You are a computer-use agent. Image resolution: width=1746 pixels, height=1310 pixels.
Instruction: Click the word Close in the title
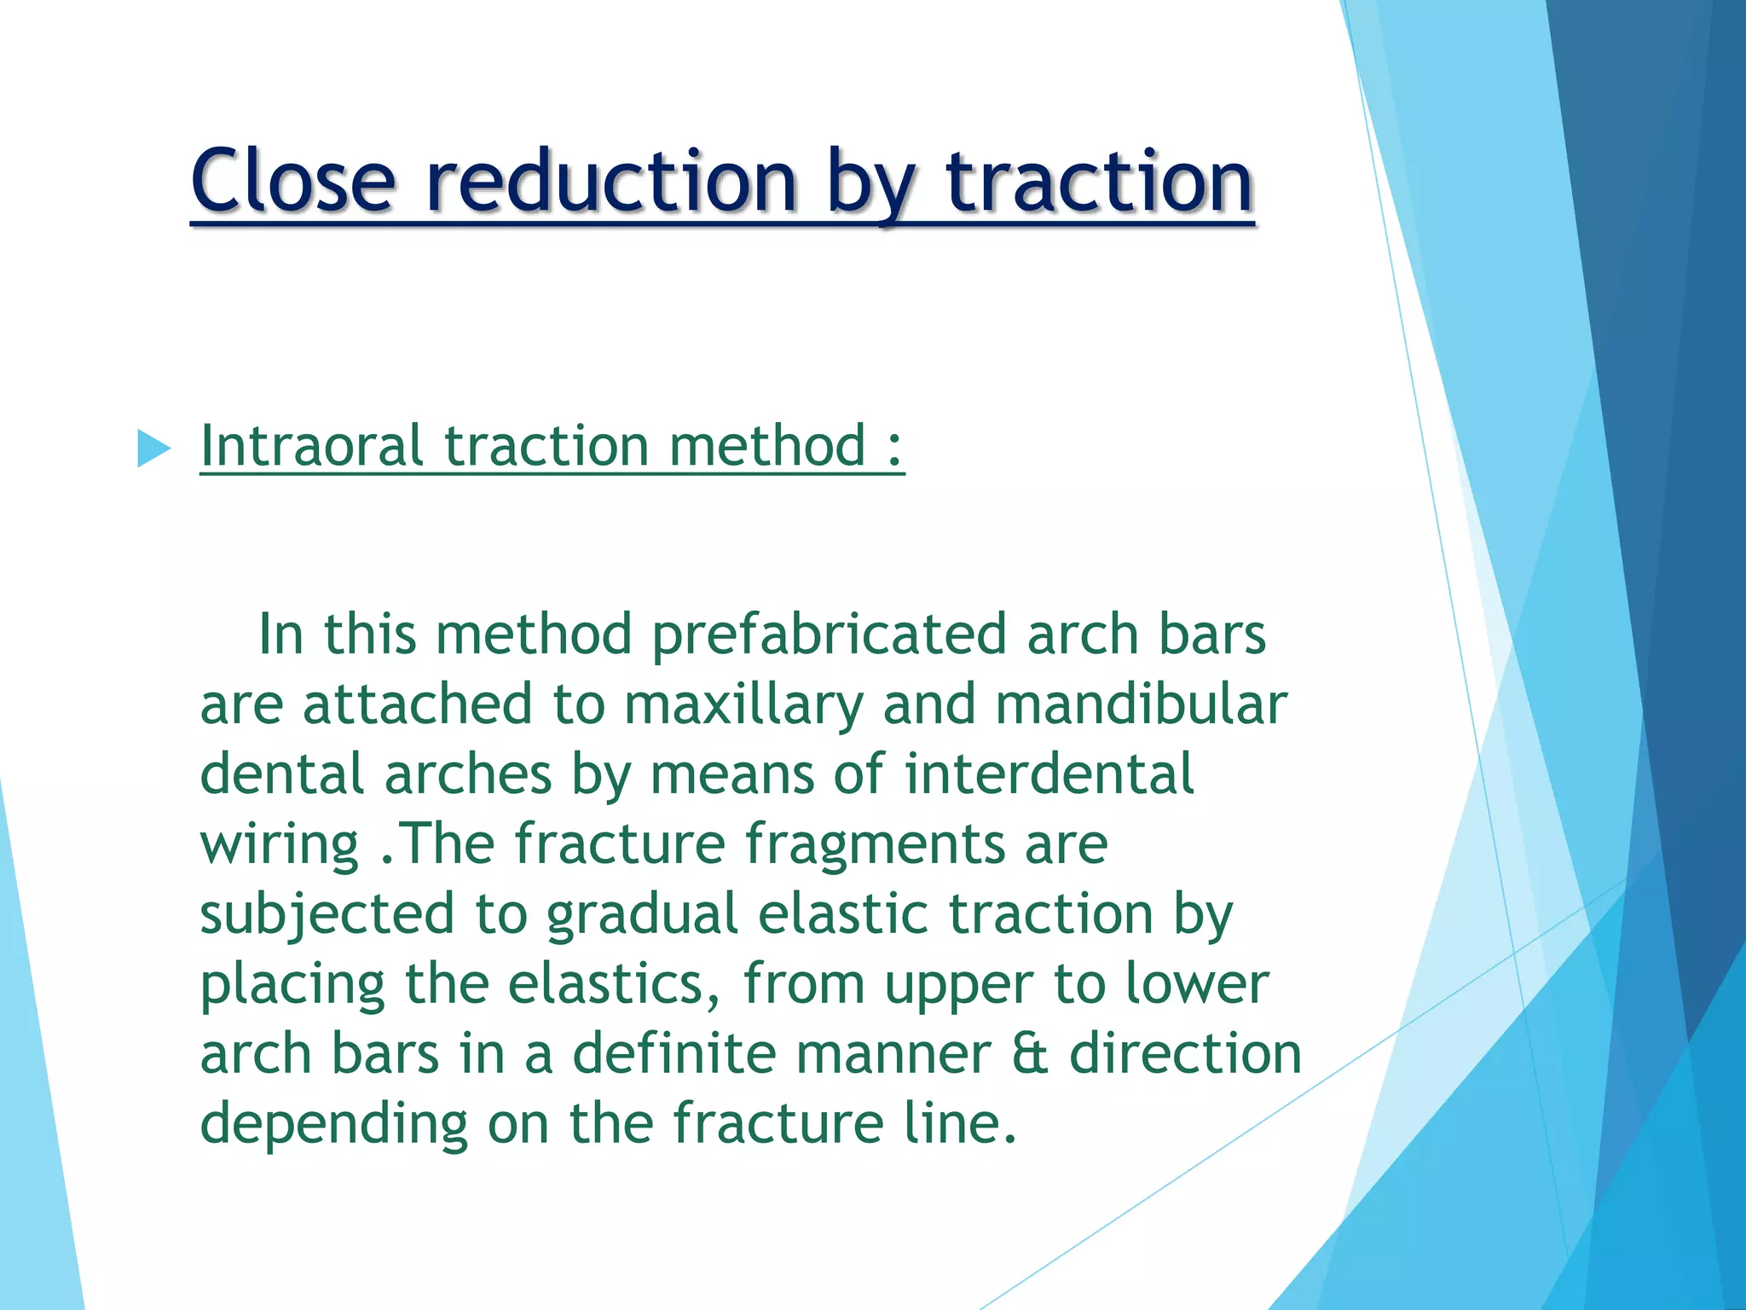tap(293, 181)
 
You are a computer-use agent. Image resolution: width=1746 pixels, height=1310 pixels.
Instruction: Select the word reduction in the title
tap(610, 181)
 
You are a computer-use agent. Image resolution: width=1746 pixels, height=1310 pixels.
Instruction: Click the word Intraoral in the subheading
tap(311, 446)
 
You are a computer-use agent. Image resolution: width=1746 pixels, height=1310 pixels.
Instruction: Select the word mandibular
tap(1141, 705)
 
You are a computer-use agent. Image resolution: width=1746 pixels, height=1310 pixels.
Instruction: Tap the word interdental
tap(1049, 774)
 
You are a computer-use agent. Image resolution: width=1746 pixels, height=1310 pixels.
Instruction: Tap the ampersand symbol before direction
tap(1030, 1054)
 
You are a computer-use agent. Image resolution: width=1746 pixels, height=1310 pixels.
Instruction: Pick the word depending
tap(333, 1125)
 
